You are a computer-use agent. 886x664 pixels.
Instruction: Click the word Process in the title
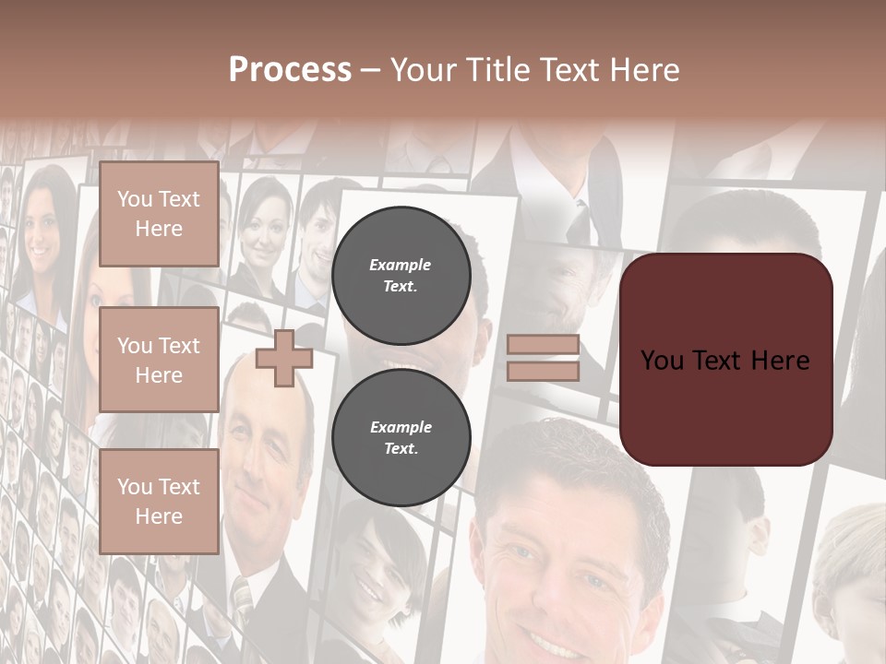pos(290,69)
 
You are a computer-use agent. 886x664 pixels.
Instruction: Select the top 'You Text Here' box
pos(159,214)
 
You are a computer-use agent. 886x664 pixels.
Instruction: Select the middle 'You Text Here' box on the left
pos(159,360)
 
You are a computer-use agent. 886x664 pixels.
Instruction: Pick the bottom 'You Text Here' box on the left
pos(159,502)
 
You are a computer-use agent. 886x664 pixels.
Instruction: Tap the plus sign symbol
pos(284,358)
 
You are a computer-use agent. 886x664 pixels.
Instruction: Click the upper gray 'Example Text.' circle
pos(401,275)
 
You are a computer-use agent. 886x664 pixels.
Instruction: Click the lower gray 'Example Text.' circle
pos(401,438)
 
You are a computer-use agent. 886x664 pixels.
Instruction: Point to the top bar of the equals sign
pos(544,344)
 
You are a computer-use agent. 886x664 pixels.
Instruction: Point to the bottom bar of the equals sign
pos(544,371)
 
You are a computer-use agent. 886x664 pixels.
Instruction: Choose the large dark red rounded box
pos(725,360)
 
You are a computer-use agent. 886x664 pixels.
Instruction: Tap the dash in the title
pos(371,70)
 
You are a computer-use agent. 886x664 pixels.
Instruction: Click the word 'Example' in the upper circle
pos(401,265)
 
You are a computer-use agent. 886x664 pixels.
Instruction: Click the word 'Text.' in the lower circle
pos(401,449)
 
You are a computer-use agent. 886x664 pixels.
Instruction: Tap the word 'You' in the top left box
pos(134,199)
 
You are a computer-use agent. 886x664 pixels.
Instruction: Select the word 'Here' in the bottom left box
pos(159,516)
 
